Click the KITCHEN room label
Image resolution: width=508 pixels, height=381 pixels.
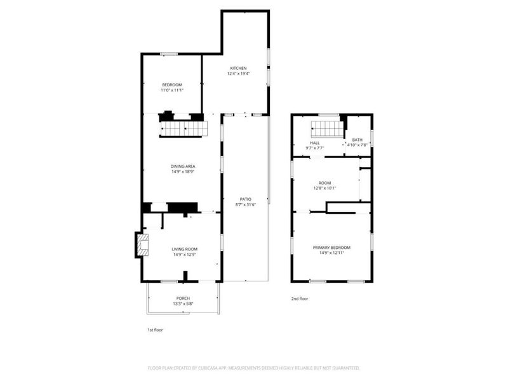pyautogui.click(x=238, y=68)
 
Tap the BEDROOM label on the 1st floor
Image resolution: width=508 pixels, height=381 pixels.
pyautogui.click(x=172, y=84)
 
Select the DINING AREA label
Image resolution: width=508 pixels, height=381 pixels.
pyautogui.click(x=183, y=166)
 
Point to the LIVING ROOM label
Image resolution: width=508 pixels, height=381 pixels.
pyautogui.click(x=184, y=249)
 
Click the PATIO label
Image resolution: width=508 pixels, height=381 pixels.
pyautogui.click(x=245, y=199)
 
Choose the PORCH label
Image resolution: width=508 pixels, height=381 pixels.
pyautogui.click(x=183, y=298)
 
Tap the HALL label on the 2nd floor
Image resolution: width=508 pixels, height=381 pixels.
pyautogui.click(x=314, y=142)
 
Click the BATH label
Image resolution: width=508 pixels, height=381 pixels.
pyautogui.click(x=358, y=140)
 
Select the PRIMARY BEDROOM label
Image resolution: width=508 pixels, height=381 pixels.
pyautogui.click(x=331, y=248)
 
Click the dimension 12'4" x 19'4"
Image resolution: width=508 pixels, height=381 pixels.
pyautogui.click(x=238, y=74)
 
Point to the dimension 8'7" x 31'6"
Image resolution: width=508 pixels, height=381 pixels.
pyautogui.click(x=245, y=204)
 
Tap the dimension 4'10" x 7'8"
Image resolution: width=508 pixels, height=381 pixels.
pyautogui.click(x=357, y=145)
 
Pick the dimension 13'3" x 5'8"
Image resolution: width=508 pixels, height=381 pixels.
pyautogui.click(x=183, y=304)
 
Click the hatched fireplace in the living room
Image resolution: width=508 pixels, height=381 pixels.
pyautogui.click(x=142, y=245)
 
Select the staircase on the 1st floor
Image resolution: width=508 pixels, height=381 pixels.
pyautogui.click(x=184, y=128)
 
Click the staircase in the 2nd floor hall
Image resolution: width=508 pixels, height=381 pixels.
pyautogui.click(x=327, y=129)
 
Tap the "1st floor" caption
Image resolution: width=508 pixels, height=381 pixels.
pyautogui.click(x=155, y=330)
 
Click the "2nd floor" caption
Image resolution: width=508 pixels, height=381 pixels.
pyautogui.click(x=299, y=298)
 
